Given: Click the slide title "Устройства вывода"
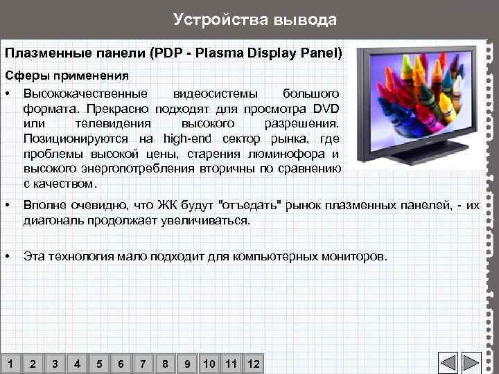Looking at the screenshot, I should pos(254,19).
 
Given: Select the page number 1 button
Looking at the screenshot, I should pos(10,364).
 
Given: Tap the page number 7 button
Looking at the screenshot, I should pos(143,364).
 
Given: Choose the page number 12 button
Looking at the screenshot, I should pos(253,364).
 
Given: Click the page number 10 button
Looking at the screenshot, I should pos(209,364).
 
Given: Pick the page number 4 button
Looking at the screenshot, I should pos(77,364).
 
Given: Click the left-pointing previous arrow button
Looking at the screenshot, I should pos(448,364).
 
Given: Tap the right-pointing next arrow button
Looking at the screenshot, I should pos(471,364).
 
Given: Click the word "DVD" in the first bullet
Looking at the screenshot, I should pos(325,108).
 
